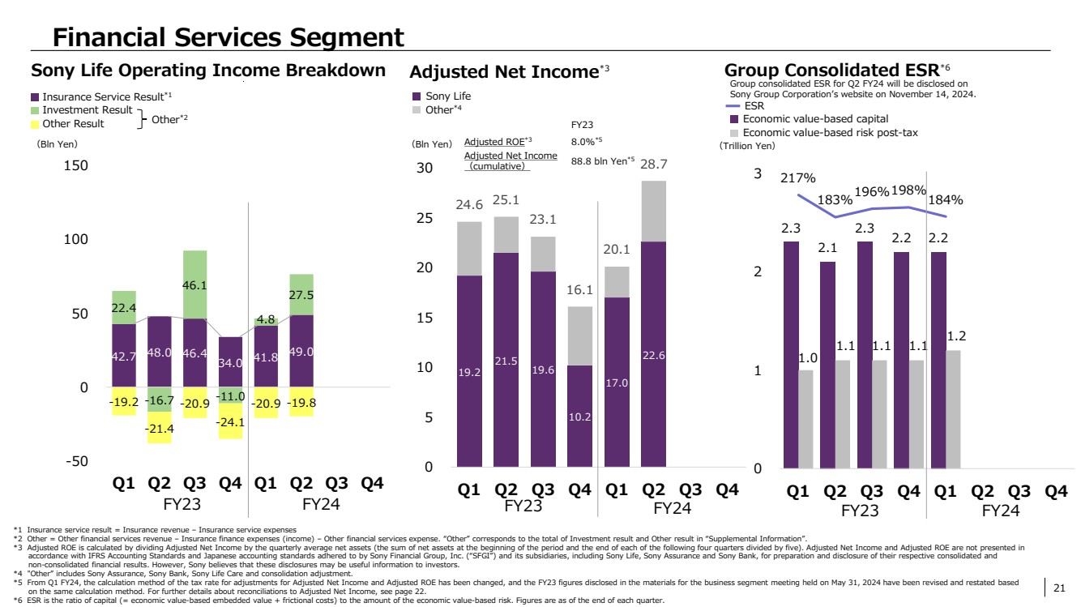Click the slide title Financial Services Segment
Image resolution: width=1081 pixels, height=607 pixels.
(x=228, y=36)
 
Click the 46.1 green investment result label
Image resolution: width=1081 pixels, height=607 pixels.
(x=194, y=285)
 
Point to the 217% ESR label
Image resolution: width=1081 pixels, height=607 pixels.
(x=798, y=178)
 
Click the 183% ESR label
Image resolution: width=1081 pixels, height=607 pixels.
(x=835, y=199)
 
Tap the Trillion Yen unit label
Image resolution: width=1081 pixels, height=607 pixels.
(x=747, y=147)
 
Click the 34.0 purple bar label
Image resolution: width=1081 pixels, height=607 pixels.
(x=230, y=363)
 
